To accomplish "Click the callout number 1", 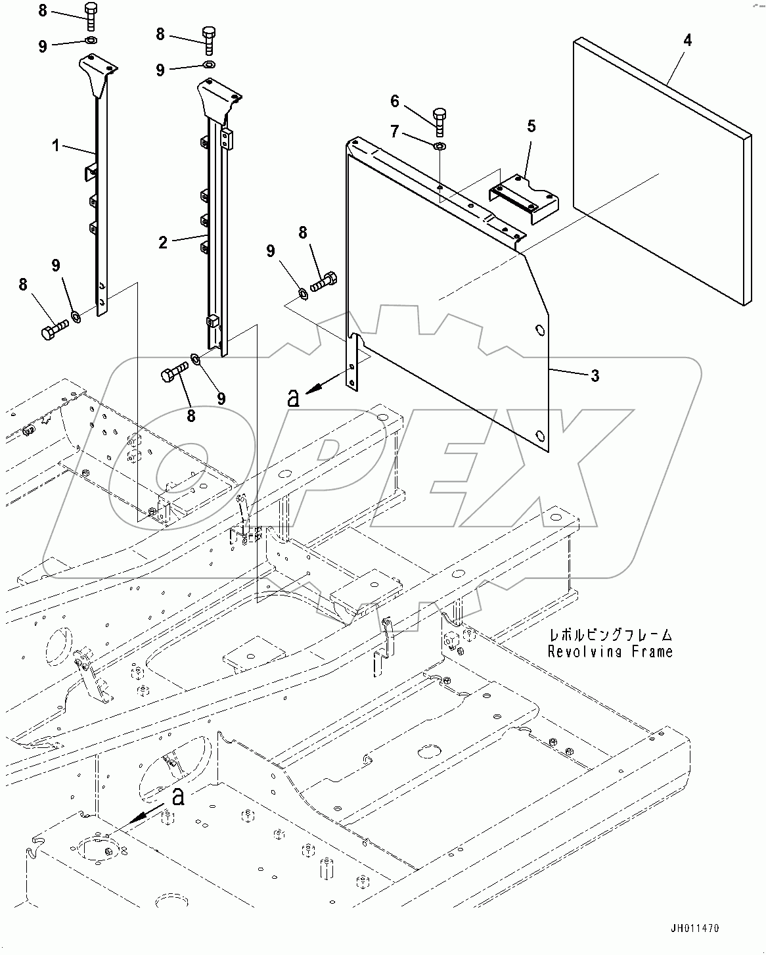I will click(56, 145).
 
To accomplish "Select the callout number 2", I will click(163, 242).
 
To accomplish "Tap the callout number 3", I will click(595, 376).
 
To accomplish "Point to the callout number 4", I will click(687, 40).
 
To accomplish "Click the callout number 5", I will click(531, 126).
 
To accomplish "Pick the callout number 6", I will click(394, 101).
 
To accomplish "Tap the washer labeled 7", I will click(439, 145).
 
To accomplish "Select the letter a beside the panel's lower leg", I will click(294, 398).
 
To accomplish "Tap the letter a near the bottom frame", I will click(176, 797).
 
